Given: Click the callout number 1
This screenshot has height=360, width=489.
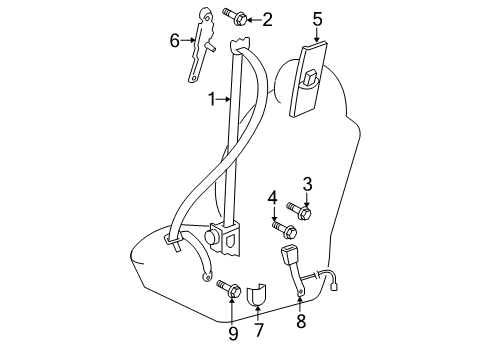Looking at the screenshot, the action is [x=212, y=99].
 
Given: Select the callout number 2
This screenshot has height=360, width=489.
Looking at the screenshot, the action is [x=267, y=20].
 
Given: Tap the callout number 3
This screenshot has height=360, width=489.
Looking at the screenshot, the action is [x=307, y=184].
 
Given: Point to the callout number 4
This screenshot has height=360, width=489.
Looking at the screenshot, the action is [x=272, y=198].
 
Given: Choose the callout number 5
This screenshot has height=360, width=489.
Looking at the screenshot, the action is [x=317, y=19].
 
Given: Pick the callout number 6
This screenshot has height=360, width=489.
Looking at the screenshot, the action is [x=174, y=41].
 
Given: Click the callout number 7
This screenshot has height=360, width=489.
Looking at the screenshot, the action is [x=258, y=330].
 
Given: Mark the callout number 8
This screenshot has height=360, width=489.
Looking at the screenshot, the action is [x=301, y=321].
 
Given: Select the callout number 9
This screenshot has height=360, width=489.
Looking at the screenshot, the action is [x=233, y=333].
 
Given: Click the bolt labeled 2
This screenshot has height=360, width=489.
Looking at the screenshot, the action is [x=235, y=16].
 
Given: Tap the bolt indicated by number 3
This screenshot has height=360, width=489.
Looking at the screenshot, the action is [x=299, y=211].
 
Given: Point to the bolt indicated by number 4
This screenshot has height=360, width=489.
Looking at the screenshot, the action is [x=285, y=230].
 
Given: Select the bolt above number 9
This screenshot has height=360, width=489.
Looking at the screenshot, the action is [x=229, y=290].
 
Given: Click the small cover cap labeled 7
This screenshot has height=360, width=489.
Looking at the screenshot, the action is [x=256, y=294].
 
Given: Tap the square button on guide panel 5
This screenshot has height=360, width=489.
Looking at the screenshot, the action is [x=309, y=77].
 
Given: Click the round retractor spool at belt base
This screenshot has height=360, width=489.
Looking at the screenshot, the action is [x=211, y=237].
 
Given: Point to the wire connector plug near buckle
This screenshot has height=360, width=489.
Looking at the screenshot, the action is [x=334, y=286].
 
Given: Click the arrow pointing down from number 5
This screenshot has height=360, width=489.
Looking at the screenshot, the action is [x=317, y=35].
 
